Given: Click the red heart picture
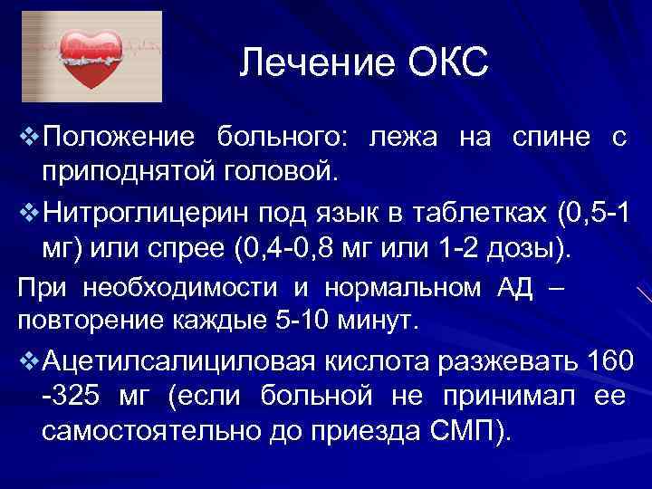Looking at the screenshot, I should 91,57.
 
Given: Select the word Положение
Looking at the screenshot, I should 118,138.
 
